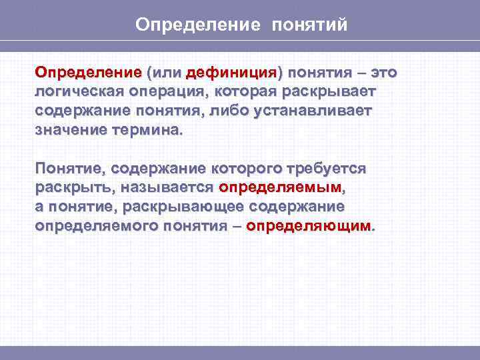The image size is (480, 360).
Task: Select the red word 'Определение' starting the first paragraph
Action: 88,72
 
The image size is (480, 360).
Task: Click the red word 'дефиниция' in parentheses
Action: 231,72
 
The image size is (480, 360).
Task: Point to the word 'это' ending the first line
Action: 387,72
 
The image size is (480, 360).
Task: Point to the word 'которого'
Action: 249,168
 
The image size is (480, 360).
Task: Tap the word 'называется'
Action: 167,187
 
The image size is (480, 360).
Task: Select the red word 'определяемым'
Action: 280,187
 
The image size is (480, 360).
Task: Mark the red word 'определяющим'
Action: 308,226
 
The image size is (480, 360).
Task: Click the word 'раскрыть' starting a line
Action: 72,187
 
